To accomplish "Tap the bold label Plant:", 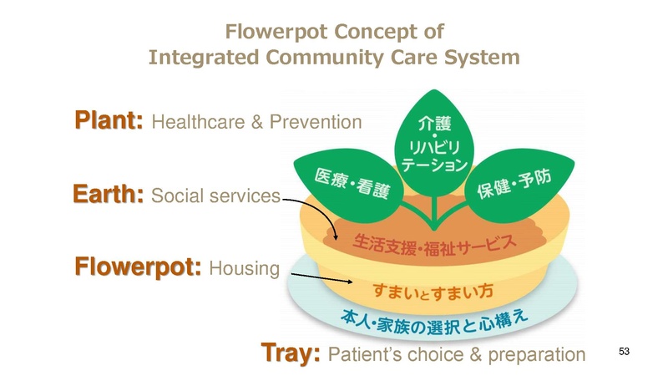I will click(x=109, y=121).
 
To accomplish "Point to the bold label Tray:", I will click(x=291, y=353).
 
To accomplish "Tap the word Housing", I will click(x=243, y=268).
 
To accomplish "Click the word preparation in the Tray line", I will click(x=535, y=354).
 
